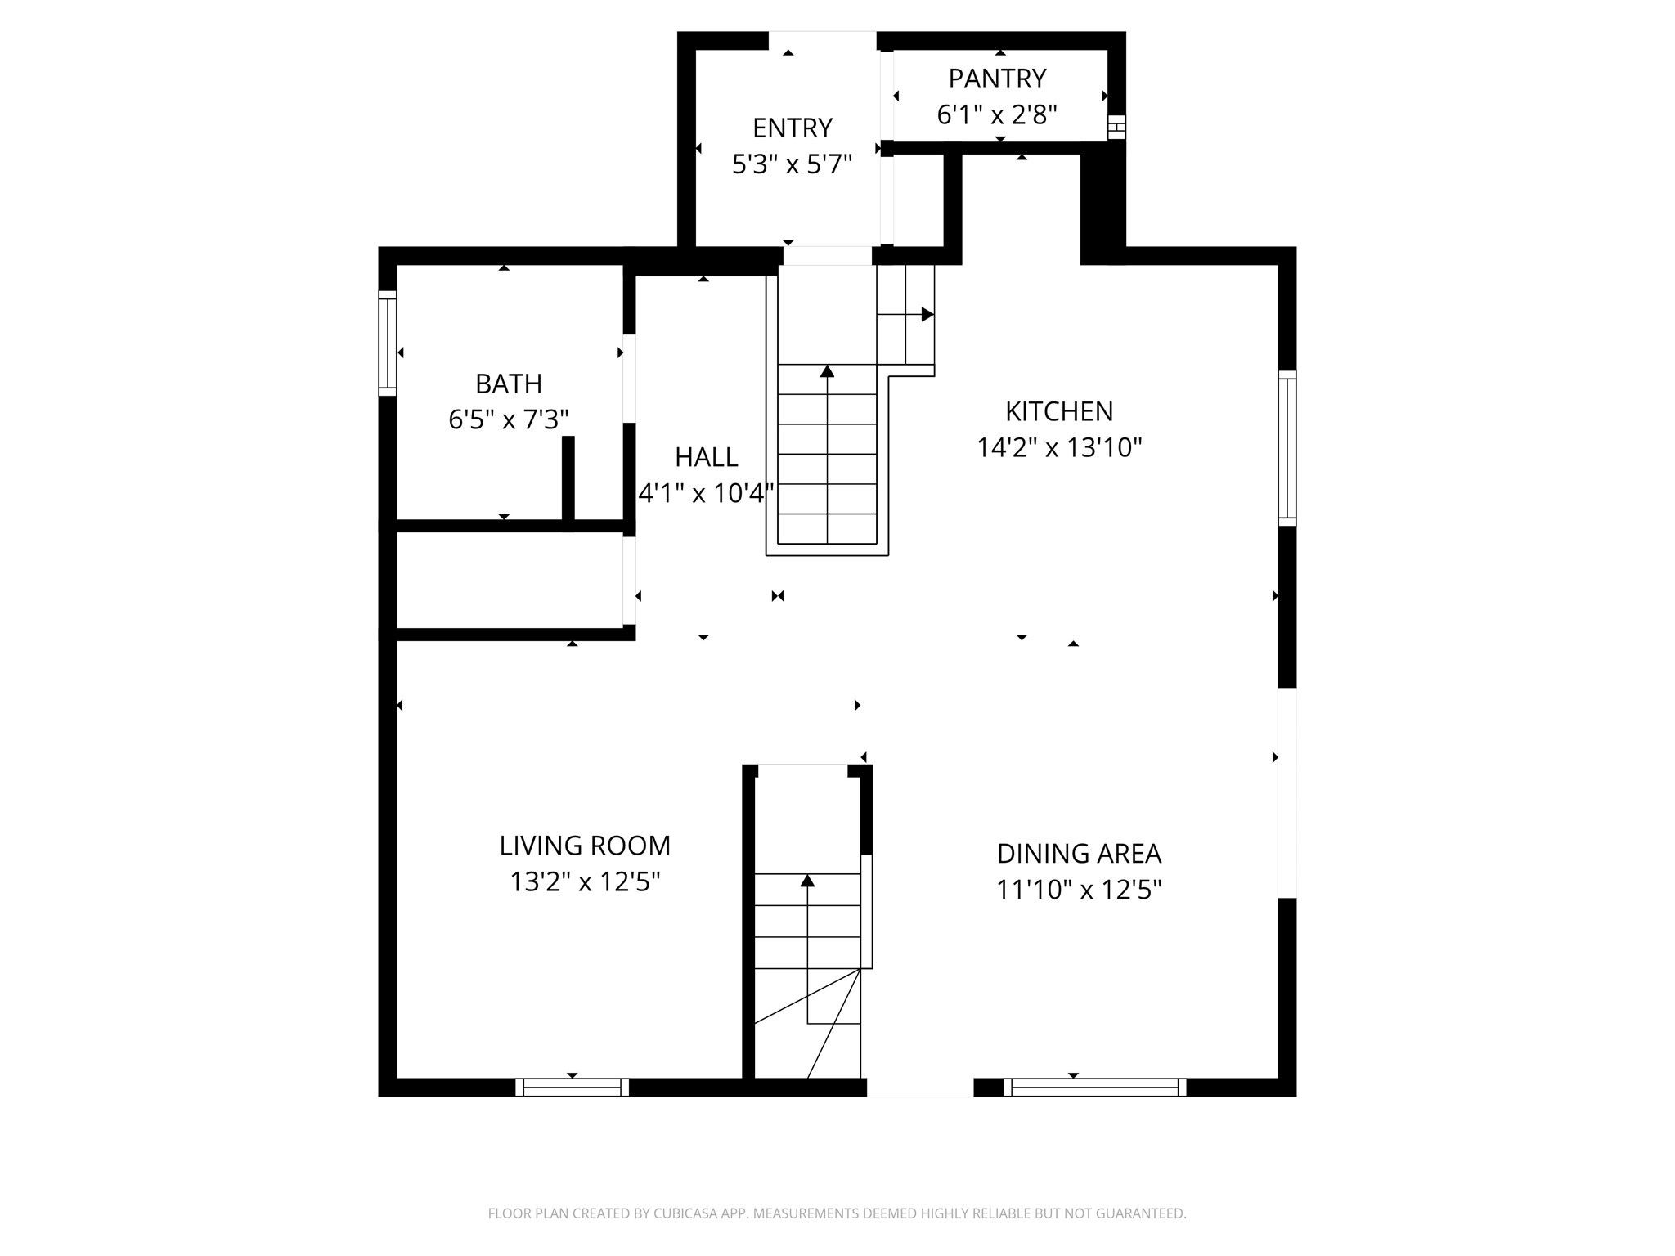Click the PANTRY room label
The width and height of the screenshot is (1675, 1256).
997,78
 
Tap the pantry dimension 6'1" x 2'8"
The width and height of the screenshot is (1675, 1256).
997,114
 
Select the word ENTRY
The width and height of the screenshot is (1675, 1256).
792,128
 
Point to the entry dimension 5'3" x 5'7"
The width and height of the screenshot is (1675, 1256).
792,164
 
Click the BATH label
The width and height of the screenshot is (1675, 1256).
509,384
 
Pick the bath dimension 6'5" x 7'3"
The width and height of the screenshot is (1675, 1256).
509,419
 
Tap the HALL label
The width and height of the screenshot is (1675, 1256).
707,457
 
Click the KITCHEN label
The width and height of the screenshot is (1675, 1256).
1059,411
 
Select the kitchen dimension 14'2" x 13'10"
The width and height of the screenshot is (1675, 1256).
1059,447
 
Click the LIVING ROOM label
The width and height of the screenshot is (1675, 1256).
585,846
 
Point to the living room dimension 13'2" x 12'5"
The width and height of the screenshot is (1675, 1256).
585,881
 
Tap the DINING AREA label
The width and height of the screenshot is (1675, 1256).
1079,854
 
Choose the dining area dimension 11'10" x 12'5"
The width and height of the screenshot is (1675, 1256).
1079,890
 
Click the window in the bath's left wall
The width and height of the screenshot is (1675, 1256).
388,343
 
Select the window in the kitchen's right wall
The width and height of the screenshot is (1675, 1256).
1287,448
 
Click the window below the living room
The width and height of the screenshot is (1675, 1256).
572,1087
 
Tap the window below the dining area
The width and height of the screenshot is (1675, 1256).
1094,1087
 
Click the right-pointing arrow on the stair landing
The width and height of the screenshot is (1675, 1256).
927,315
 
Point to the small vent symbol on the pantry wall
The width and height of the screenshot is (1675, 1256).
1116,128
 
